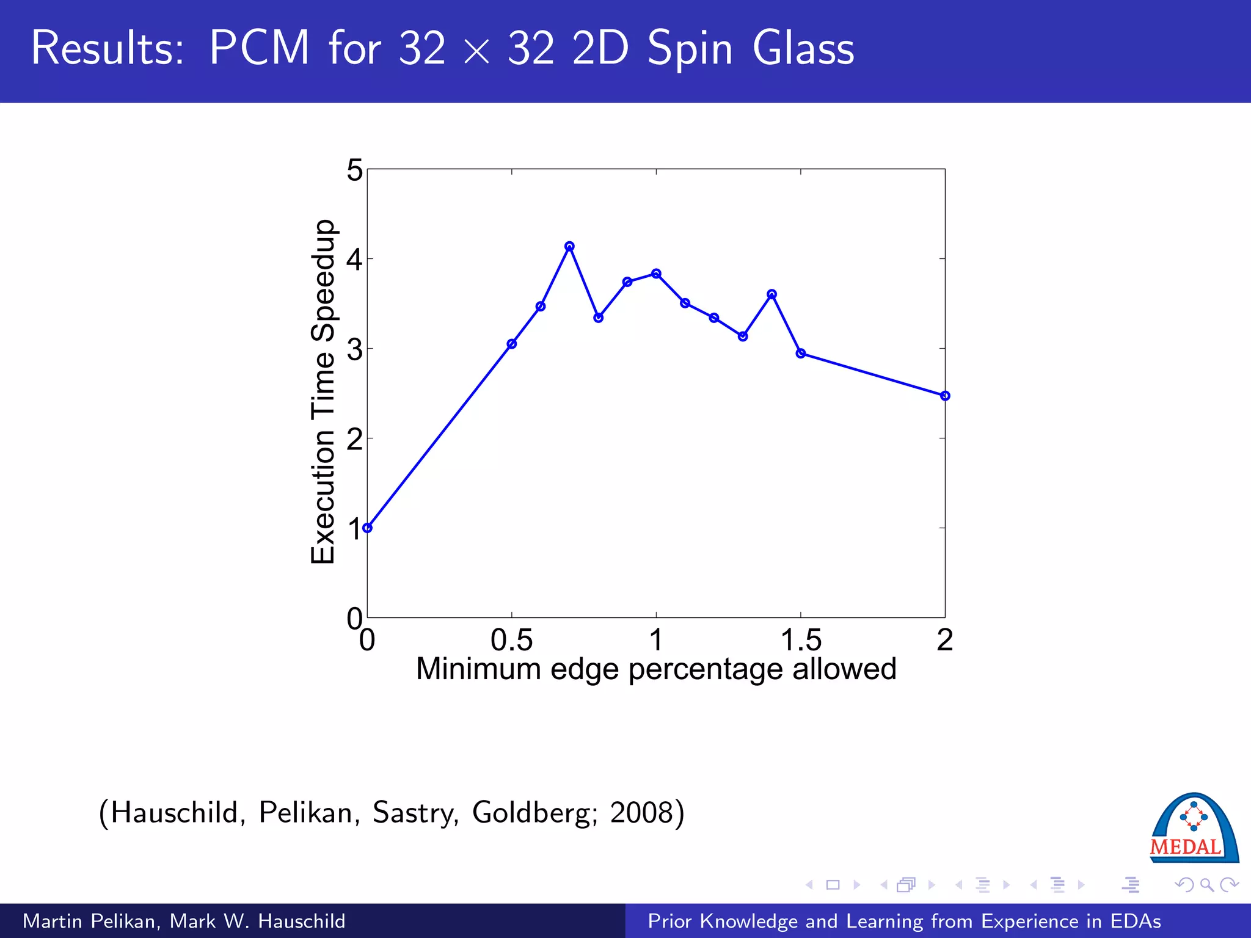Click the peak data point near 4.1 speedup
[x=569, y=247]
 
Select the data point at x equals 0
[x=367, y=528]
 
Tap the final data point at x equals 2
[x=945, y=396]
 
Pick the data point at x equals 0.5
[x=512, y=344]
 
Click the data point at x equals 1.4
[x=771, y=294]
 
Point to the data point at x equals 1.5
[x=801, y=353]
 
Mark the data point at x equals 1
[x=656, y=274]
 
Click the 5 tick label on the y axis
[x=354, y=170]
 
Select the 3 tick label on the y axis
[x=354, y=350]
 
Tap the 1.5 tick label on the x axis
[x=801, y=640]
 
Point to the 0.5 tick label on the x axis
[x=512, y=640]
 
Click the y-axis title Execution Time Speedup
[x=323, y=392]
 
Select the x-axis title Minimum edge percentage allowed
[x=656, y=669]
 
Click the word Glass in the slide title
[x=803, y=49]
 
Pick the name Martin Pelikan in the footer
[x=90, y=921]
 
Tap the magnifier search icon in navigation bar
[x=1206, y=884]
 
